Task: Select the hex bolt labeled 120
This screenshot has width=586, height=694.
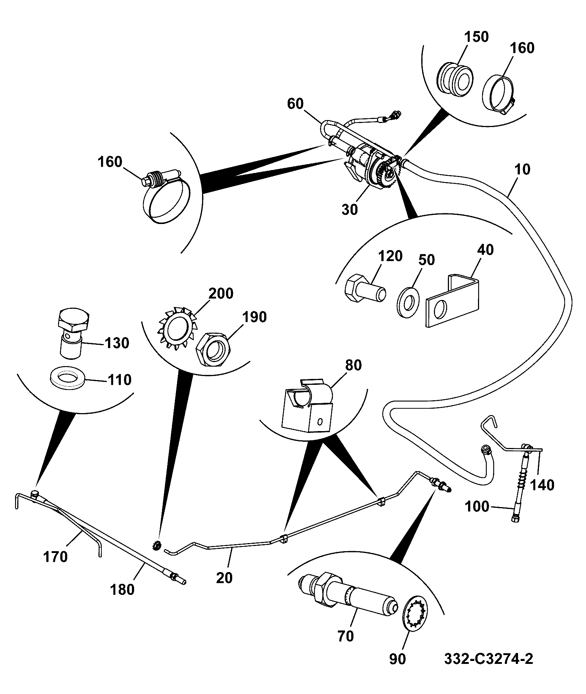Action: pos(366,288)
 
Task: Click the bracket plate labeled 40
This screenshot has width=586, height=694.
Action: pos(453,300)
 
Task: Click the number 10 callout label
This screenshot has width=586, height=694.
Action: pos(523,170)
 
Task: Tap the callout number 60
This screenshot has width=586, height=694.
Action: pos(295,104)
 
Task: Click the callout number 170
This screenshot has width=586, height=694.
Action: pos(55,557)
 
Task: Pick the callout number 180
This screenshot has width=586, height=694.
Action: pos(122,590)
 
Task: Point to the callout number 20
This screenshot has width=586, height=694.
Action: pos(224,578)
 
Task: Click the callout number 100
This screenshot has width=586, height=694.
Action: pos(477,507)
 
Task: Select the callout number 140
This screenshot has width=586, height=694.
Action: pos(543,485)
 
